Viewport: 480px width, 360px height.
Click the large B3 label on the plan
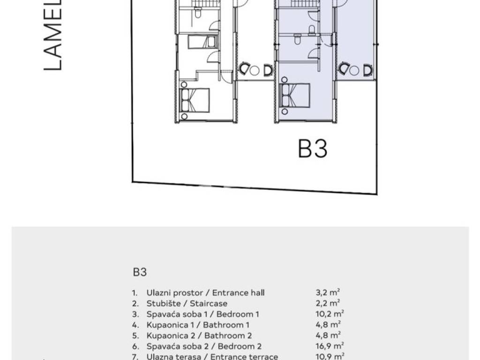(313, 149)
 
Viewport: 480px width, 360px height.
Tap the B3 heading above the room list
(140, 271)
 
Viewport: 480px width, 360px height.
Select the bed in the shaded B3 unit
(295, 95)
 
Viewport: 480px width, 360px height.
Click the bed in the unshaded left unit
(195, 100)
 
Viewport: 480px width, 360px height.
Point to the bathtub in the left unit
(202, 42)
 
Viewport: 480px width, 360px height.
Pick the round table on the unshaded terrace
(255, 70)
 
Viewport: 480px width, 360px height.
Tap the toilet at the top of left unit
(197, 15)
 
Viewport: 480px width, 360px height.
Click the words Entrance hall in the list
(239, 293)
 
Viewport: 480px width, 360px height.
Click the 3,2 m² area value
(328, 293)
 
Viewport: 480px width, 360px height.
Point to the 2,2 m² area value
(328, 304)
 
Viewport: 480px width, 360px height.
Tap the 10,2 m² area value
(330, 314)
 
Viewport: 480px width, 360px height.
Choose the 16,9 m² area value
(330, 346)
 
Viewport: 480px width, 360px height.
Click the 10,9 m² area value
(330, 357)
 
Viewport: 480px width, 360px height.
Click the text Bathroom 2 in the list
(228, 336)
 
